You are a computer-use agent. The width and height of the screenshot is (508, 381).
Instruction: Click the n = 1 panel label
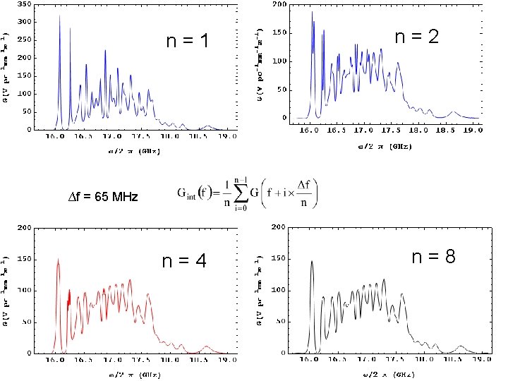pos(187,42)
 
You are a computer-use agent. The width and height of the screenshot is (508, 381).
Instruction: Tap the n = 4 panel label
pos(184,261)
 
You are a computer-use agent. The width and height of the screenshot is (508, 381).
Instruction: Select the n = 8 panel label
pos(433,257)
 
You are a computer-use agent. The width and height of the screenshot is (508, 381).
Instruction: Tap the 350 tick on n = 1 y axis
pos(23,4)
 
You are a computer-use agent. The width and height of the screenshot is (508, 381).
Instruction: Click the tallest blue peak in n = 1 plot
pos(59,17)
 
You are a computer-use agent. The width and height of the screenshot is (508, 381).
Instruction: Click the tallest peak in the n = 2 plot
pos(312,12)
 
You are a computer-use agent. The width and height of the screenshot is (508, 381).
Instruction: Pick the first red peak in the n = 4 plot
pos(58,260)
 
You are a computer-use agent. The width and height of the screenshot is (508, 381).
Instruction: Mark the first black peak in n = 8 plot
pos(311,262)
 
